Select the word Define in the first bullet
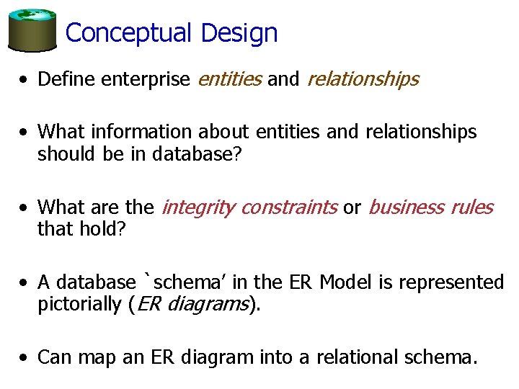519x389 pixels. [67, 79]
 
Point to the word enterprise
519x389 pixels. [146, 79]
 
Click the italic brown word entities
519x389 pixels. [229, 79]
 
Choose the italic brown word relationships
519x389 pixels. [363, 79]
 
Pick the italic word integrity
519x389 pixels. [198, 208]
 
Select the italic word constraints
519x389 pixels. [288, 207]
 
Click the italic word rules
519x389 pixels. [471, 207]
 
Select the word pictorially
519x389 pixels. [79, 305]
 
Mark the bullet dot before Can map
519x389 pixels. [25, 357]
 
